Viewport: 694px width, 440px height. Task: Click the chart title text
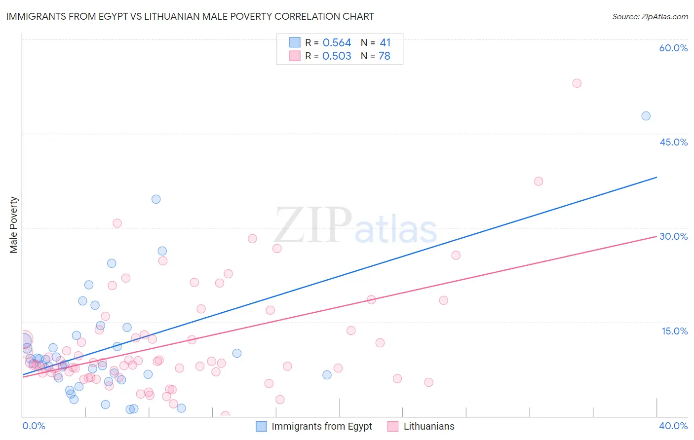pyautogui.click(x=190, y=16)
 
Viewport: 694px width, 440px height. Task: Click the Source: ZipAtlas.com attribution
pyautogui.click(x=650, y=16)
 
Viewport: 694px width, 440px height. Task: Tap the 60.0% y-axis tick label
pyautogui.click(x=673, y=48)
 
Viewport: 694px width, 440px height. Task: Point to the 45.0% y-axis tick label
pyautogui.click(x=673, y=142)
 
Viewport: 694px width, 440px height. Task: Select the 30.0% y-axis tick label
pyautogui.click(x=673, y=236)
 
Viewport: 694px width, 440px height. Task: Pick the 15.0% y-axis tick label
pyautogui.click(x=674, y=331)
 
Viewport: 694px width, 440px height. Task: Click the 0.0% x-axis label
pyautogui.click(x=34, y=426)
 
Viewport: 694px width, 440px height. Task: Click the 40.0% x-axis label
pyautogui.click(x=673, y=426)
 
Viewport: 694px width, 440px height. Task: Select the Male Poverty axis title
pyautogui.click(x=14, y=225)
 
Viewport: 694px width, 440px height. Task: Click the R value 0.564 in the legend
pyautogui.click(x=337, y=43)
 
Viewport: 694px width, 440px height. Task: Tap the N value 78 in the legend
pyautogui.click(x=385, y=56)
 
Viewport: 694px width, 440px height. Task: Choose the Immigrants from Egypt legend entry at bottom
pyautogui.click(x=314, y=426)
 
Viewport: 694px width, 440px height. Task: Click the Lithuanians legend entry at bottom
pyautogui.click(x=421, y=426)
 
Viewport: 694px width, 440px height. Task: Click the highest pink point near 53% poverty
pyautogui.click(x=577, y=83)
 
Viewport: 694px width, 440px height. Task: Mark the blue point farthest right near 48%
pyautogui.click(x=646, y=116)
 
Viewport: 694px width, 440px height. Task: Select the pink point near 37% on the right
pyautogui.click(x=539, y=181)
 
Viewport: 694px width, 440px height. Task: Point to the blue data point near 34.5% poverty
pyautogui.click(x=156, y=199)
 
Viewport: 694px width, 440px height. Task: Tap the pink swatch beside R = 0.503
pyautogui.click(x=295, y=56)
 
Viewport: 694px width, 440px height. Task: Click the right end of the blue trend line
pyautogui.click(x=656, y=177)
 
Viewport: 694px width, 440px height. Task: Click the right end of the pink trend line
pyautogui.click(x=656, y=237)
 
